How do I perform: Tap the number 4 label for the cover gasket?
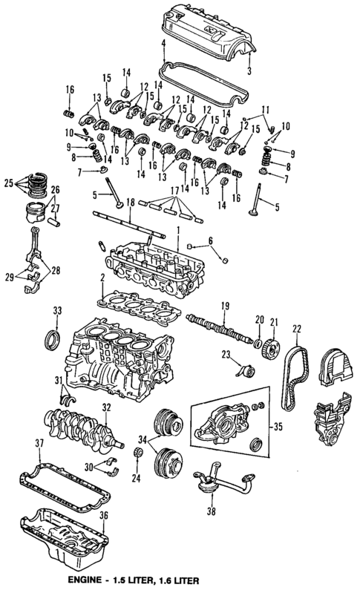click(163, 44)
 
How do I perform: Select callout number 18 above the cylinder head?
click(130, 201)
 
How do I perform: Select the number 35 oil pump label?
click(278, 427)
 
